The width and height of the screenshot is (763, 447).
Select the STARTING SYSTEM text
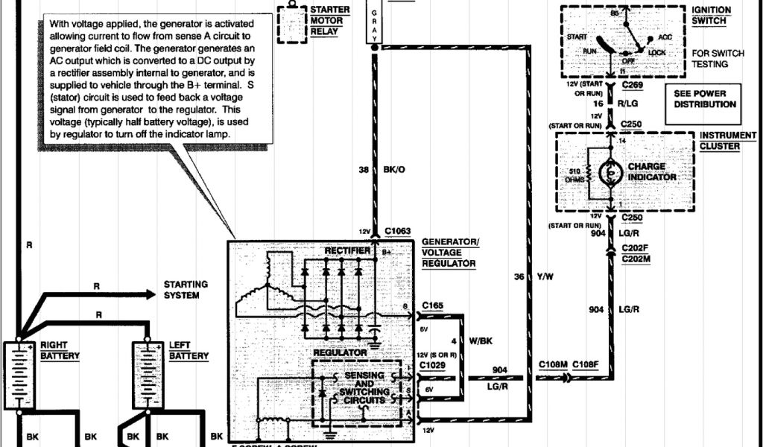[186, 290]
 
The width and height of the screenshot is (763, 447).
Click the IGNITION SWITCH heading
[711, 16]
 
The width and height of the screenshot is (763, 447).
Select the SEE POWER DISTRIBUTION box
[705, 98]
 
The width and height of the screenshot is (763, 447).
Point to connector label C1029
[433, 365]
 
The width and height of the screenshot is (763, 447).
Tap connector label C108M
[553, 364]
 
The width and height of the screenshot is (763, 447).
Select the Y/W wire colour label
[546, 276]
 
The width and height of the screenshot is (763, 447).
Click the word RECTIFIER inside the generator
[346, 251]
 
